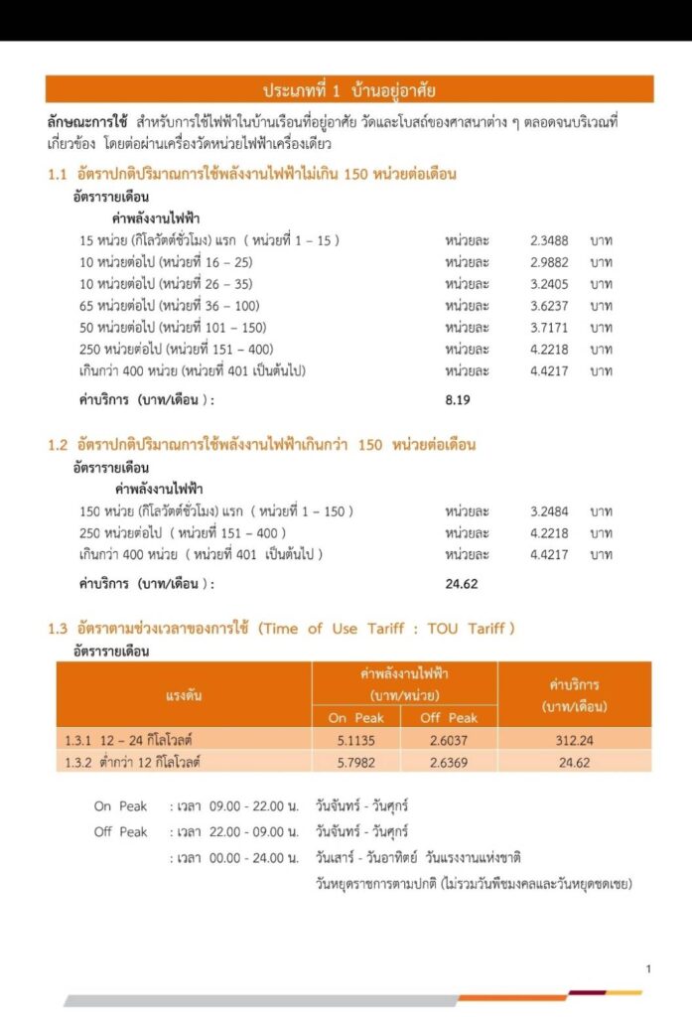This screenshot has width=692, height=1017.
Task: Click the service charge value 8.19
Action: pyautogui.click(x=461, y=399)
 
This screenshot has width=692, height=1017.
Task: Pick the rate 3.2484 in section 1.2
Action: pyautogui.click(x=550, y=511)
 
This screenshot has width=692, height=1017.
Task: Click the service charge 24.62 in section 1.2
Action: pyautogui.click(x=462, y=584)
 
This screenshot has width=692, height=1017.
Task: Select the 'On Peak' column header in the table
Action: pyautogui.click(x=356, y=717)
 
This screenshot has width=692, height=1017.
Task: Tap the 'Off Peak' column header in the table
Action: pyautogui.click(x=449, y=717)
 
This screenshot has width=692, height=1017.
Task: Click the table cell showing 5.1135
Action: pyautogui.click(x=356, y=740)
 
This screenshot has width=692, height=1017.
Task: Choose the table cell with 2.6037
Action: pyautogui.click(x=449, y=740)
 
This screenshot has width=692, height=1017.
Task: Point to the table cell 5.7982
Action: pyautogui.click(x=356, y=762)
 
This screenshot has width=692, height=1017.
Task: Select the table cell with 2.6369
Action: pyautogui.click(x=449, y=762)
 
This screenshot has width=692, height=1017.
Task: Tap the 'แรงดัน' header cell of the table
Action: pyautogui.click(x=184, y=695)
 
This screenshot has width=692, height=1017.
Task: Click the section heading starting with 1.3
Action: pyautogui.click(x=282, y=629)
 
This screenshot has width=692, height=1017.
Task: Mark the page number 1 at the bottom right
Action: pyautogui.click(x=648, y=968)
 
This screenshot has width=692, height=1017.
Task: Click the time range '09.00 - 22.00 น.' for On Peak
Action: pyautogui.click(x=254, y=806)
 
